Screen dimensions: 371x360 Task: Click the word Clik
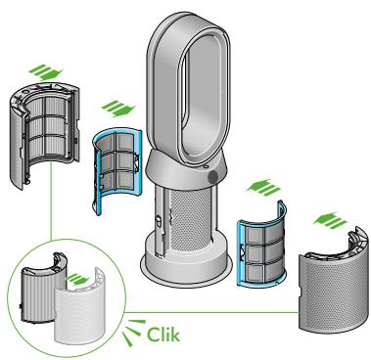(163, 335)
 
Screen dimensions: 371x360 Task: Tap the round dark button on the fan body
(213, 177)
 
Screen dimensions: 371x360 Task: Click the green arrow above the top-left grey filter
(45, 72)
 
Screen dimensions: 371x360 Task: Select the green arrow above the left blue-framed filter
(118, 109)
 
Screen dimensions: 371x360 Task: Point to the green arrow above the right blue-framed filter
(263, 187)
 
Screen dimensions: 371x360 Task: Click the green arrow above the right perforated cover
(330, 220)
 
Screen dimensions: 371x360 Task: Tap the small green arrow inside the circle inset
(77, 279)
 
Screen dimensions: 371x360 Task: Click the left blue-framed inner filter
(116, 170)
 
